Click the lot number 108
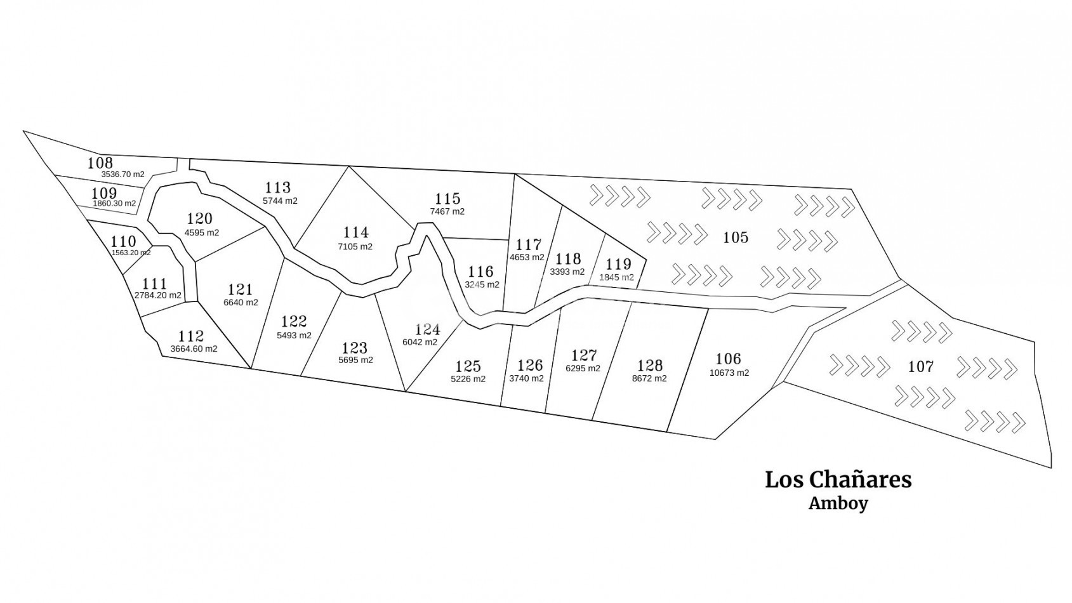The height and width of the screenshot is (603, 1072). coord(100,163)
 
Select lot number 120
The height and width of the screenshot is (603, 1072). coord(199,219)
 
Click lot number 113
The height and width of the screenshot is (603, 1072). coord(278,187)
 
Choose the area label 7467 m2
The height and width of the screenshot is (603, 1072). coord(447,211)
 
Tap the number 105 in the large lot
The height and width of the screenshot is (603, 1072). coord(736,237)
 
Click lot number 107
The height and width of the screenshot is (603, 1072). coord(920,366)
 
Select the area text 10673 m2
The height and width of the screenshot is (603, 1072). coord(729,373)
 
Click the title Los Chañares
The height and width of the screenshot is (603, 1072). coord(838,479)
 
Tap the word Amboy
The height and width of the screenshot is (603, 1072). coord(838,504)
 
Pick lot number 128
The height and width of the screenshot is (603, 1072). coord(650,365)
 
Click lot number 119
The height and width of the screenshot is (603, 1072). coord(618,264)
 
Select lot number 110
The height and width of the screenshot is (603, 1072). coord(123,241)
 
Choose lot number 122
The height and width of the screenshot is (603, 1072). coord(294,321)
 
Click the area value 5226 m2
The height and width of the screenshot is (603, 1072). coord(468,380)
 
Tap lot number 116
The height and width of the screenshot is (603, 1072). coord(480,272)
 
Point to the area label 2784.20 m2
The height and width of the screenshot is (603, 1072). coord(158,296)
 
